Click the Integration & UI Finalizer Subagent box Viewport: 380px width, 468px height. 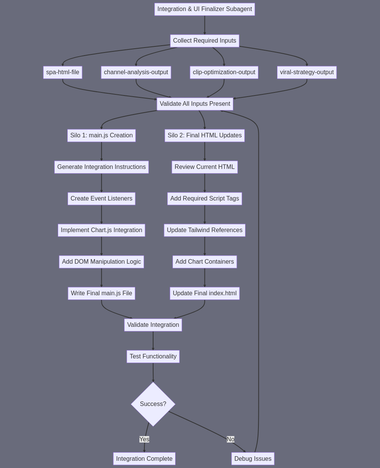(x=204, y=9)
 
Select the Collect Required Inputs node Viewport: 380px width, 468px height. (x=204, y=41)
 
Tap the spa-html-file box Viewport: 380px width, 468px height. (x=63, y=72)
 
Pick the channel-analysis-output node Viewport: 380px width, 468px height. (x=136, y=72)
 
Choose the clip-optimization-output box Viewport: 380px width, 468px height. (x=224, y=72)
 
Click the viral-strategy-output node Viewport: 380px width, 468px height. (x=307, y=72)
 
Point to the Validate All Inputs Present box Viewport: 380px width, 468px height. (x=195, y=104)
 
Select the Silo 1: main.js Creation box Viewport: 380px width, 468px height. (x=101, y=135)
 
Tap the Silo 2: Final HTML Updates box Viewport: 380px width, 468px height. (x=204, y=135)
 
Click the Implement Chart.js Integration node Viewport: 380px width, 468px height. (x=101, y=230)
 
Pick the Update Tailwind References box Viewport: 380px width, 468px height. (x=204, y=230)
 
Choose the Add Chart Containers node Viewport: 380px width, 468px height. (x=204, y=262)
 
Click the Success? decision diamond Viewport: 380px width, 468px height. (x=153, y=404)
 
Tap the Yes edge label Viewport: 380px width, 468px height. (x=144, y=439)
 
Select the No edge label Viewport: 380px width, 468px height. (x=230, y=439)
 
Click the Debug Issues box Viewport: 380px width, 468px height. (x=253, y=458)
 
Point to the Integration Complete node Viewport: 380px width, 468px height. (x=144, y=458)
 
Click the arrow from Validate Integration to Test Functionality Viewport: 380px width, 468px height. (x=153, y=341)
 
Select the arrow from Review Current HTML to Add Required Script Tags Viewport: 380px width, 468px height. (x=204, y=183)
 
